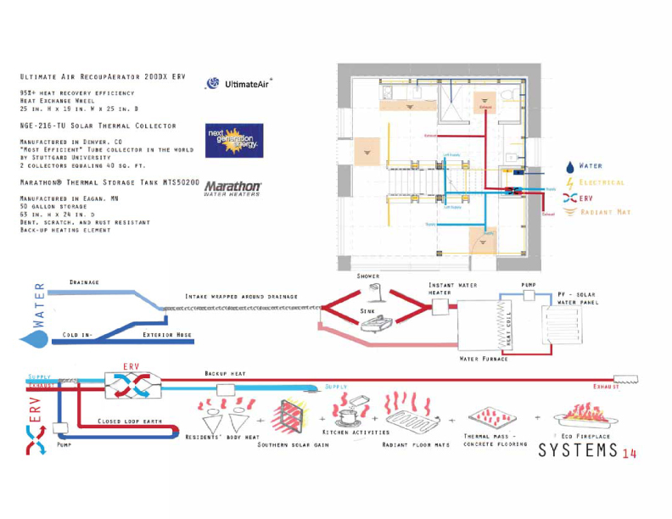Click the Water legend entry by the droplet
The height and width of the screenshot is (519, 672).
[x=591, y=166]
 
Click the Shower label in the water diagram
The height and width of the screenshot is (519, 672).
[x=369, y=276]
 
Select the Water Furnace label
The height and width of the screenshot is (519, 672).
[x=484, y=358]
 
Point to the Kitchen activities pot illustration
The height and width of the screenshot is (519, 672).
[x=349, y=411]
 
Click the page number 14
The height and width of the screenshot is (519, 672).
[x=629, y=453]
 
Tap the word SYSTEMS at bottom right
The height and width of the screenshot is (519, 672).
[x=577, y=450]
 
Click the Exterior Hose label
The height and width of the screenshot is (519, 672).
[x=166, y=334]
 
